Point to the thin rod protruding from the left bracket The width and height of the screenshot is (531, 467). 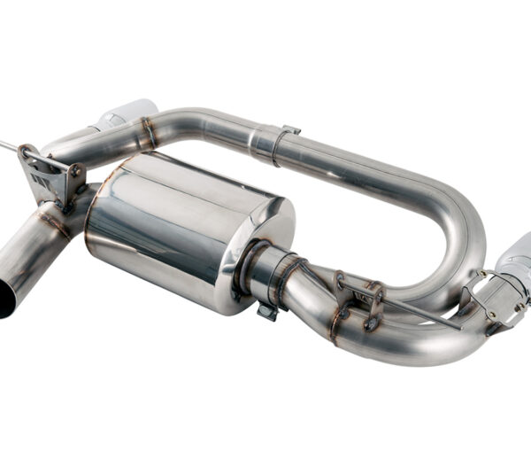pyautogui.click(x=9, y=144)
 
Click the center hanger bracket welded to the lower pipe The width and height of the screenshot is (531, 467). pyautogui.click(x=358, y=297)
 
